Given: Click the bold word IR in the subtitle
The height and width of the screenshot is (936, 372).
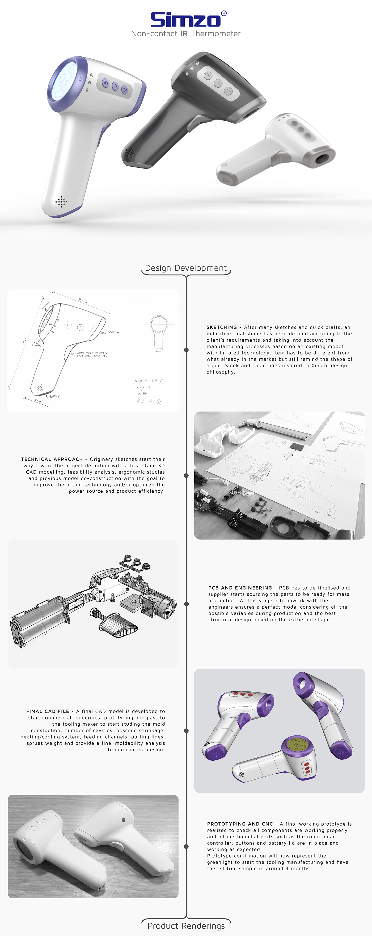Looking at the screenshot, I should tap(184, 34).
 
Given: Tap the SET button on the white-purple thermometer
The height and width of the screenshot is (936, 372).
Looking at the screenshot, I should tap(105, 83).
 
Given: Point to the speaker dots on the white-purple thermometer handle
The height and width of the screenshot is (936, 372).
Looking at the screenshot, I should tap(61, 201).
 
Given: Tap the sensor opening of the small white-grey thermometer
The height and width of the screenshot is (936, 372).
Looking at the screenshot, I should tap(322, 158).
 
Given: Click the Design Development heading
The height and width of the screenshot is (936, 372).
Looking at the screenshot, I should tap(186, 268).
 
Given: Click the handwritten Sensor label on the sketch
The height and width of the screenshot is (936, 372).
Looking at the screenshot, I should tap(113, 332).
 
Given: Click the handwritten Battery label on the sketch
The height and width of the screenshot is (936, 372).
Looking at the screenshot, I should tap(54, 396).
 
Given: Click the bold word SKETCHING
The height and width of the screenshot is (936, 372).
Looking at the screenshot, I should tap(222, 327).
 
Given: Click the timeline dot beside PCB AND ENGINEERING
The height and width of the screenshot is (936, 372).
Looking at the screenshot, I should tap(186, 604).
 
